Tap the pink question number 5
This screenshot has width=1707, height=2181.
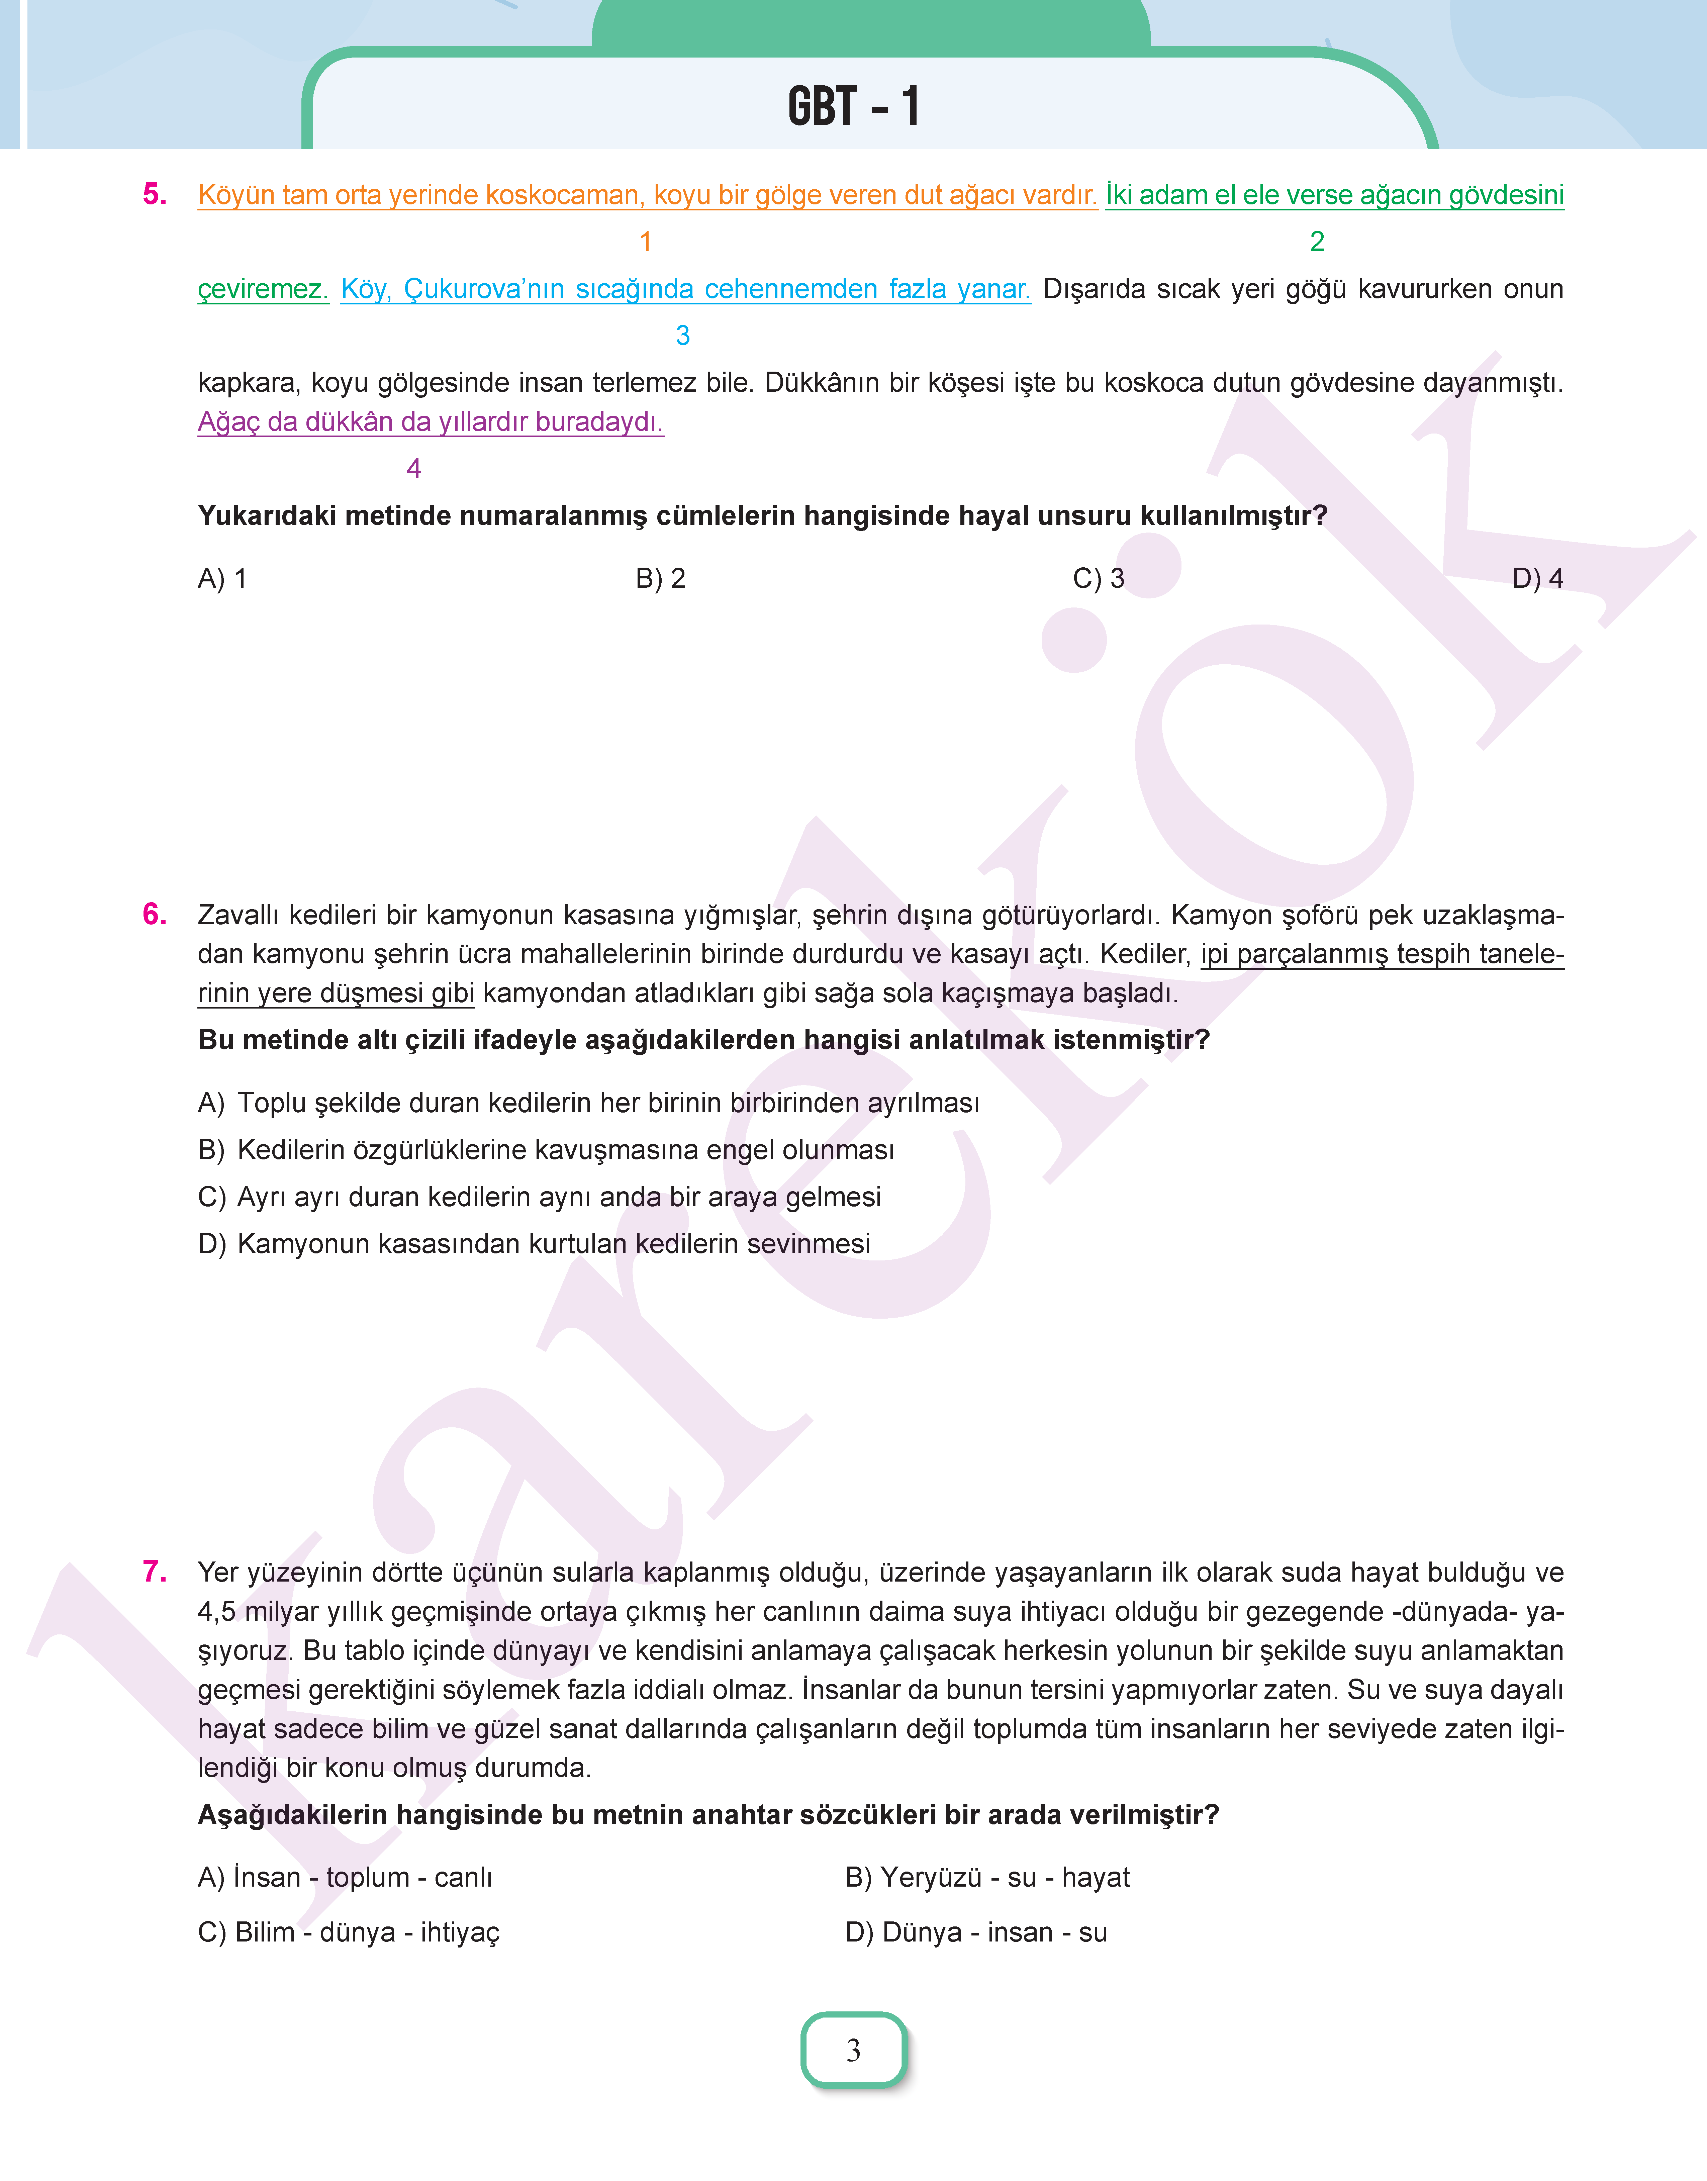point(155,194)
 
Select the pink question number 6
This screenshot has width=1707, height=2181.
point(155,914)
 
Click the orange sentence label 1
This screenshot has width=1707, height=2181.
point(646,242)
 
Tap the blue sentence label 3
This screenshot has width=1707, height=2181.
point(683,336)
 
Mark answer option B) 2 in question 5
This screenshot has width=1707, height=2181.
point(661,579)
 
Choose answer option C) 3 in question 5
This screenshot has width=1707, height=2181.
point(1098,579)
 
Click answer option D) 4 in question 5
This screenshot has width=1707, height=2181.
point(1537,579)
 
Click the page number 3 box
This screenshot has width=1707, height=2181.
point(854,2050)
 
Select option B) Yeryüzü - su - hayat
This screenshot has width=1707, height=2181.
point(987,1877)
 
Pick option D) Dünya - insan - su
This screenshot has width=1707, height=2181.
point(976,1932)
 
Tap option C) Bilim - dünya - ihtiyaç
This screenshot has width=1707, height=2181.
point(349,1932)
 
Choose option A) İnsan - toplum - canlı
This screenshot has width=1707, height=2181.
point(345,1877)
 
